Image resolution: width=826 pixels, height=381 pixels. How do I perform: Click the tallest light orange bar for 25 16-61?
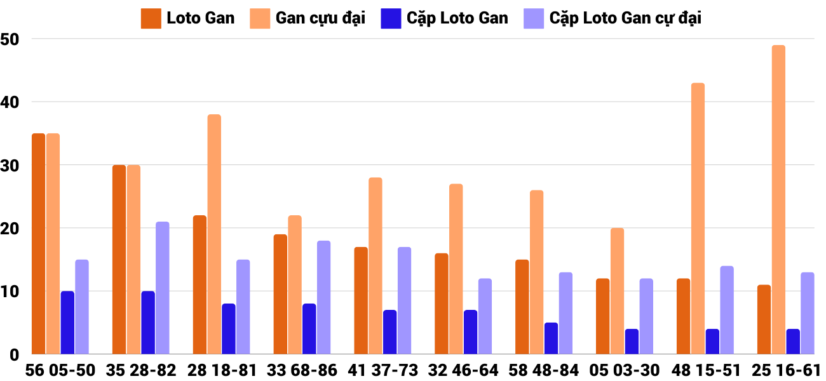click(x=778, y=200)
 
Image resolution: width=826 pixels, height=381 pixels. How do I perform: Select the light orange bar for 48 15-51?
click(x=698, y=219)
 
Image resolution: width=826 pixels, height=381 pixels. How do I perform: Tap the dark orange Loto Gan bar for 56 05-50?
click(x=38, y=244)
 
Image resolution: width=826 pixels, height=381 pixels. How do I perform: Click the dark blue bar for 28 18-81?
click(x=229, y=329)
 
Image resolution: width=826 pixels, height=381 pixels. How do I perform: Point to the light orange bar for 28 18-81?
click(x=214, y=234)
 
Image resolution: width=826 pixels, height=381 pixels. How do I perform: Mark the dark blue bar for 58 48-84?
click(x=551, y=338)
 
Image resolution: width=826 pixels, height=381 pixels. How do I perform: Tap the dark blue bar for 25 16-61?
click(x=793, y=342)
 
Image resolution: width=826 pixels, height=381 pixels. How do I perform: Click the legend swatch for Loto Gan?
click(x=151, y=18)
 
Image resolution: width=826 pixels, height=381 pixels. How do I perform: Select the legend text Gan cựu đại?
click(x=320, y=18)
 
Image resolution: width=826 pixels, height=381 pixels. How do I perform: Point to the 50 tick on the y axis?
click(x=11, y=39)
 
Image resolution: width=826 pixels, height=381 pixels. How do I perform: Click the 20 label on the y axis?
click(x=11, y=229)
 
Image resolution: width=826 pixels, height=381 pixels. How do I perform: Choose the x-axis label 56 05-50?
click(x=60, y=370)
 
